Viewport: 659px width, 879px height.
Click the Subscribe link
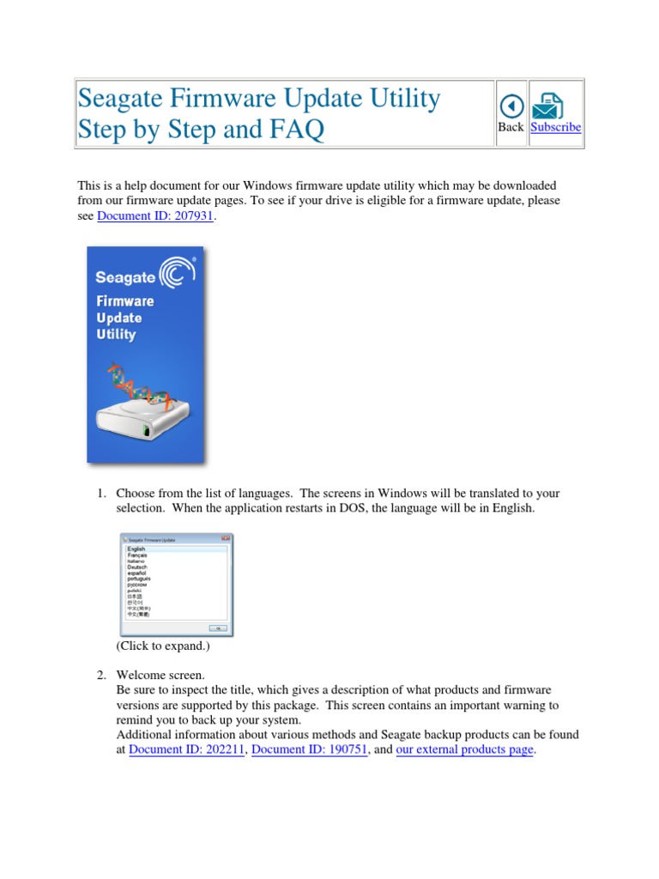(x=555, y=127)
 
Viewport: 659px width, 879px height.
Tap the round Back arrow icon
(x=511, y=106)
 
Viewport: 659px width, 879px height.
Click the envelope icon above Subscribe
(x=548, y=106)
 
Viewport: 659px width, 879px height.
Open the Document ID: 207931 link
(x=155, y=216)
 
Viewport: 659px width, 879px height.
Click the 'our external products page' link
(x=464, y=750)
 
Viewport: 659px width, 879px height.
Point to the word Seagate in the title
(x=125, y=100)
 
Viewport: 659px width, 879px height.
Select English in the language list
(x=136, y=549)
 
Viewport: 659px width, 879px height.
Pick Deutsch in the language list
(x=137, y=567)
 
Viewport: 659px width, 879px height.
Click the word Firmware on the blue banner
(x=125, y=301)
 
